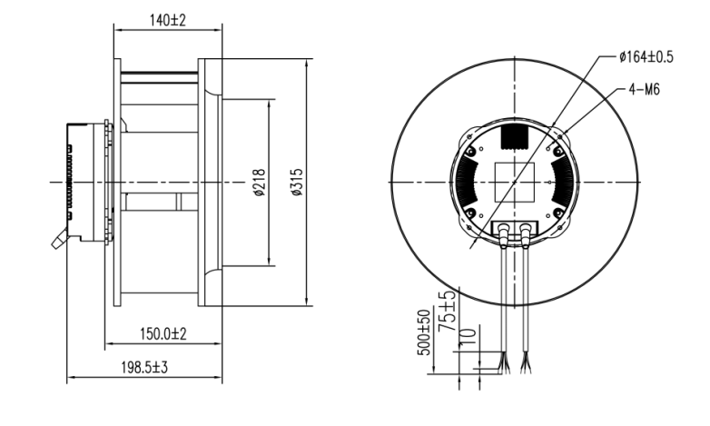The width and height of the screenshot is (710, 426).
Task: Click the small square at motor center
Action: point(513,182)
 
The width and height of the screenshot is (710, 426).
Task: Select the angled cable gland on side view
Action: point(57,242)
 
